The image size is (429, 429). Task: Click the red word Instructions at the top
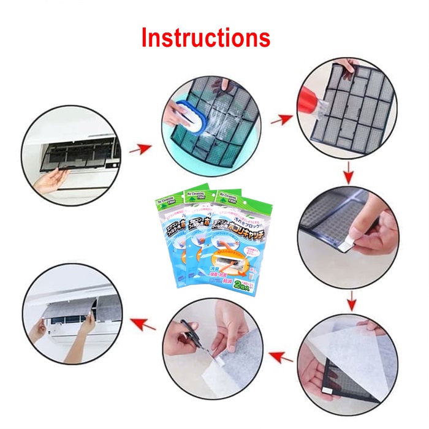(205, 37)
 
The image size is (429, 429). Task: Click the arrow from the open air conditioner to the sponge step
(144, 148)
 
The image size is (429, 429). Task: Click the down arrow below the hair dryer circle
(347, 175)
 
